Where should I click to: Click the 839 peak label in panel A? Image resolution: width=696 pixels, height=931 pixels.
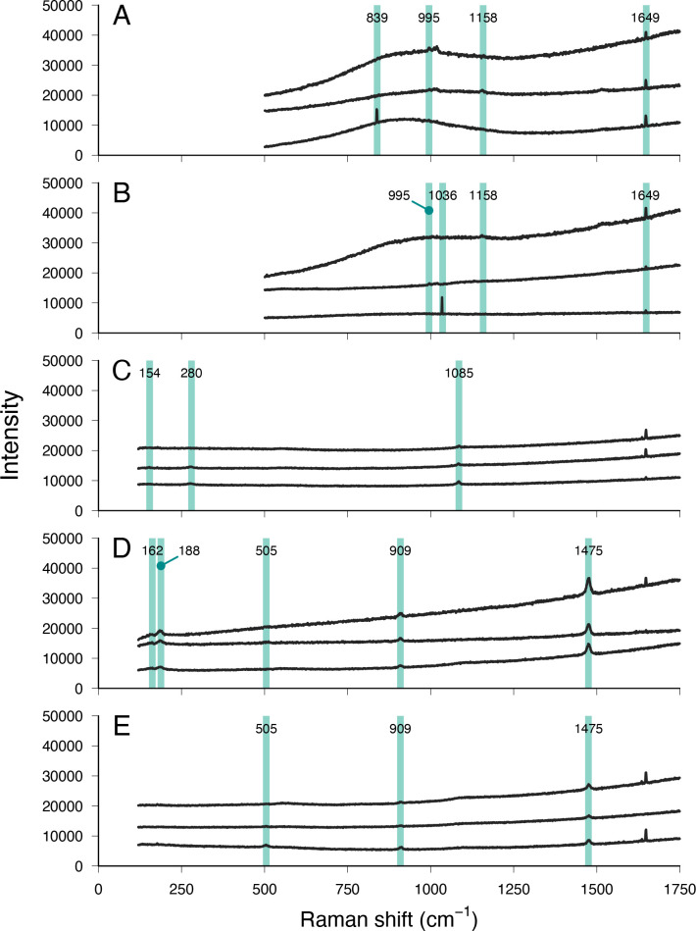tap(376, 19)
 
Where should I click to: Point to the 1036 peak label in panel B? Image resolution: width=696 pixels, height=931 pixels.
tap(456, 196)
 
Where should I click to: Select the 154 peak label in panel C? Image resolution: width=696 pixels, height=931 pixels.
tap(149, 374)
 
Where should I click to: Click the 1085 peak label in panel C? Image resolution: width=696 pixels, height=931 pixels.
tap(458, 374)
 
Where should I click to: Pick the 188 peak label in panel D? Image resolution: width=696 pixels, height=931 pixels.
tap(189, 551)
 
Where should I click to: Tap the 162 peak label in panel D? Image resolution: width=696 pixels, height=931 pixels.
tap(151, 551)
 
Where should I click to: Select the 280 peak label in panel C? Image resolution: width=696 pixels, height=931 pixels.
tap(191, 374)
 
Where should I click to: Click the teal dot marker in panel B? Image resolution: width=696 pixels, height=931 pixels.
tap(428, 210)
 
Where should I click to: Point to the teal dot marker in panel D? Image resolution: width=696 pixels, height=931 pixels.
tap(161, 565)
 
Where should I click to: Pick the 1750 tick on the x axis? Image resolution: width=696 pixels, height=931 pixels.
tap(680, 880)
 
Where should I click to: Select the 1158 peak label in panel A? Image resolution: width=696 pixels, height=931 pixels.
tap(482, 19)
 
